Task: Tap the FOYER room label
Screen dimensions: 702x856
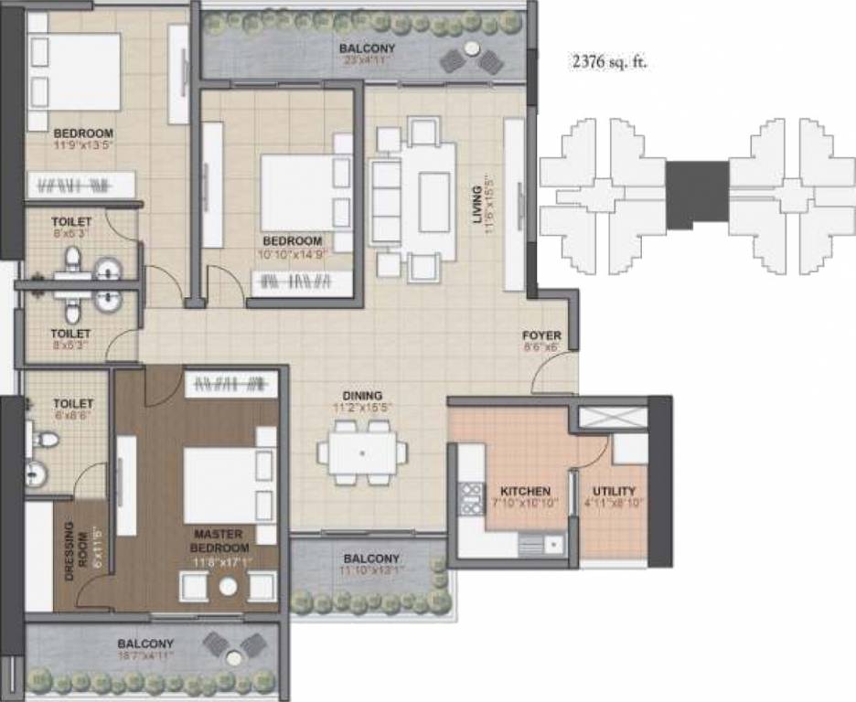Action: (x=541, y=335)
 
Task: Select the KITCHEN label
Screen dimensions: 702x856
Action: (x=525, y=491)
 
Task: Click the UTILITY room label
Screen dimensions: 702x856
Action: (x=614, y=491)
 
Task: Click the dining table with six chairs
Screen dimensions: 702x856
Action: (x=362, y=452)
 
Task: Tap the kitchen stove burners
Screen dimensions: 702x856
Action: (x=470, y=499)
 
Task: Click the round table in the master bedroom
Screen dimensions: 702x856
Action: (x=228, y=587)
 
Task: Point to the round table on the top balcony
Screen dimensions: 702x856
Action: (x=470, y=48)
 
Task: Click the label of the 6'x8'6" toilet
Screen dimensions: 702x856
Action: (x=72, y=403)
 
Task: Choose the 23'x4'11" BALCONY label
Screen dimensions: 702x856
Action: (x=367, y=48)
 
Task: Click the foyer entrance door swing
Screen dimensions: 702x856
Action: (x=555, y=371)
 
